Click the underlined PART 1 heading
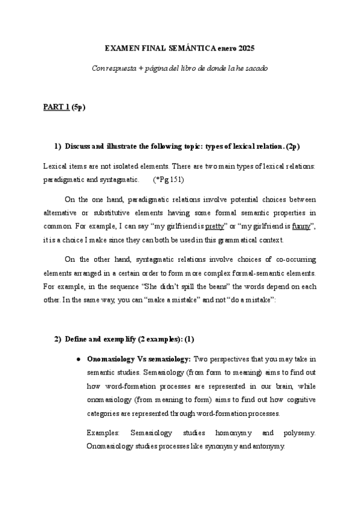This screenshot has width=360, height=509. tap(56, 107)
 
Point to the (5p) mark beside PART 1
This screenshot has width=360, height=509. tap(78, 107)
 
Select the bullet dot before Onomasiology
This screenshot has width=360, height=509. tap(78, 359)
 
